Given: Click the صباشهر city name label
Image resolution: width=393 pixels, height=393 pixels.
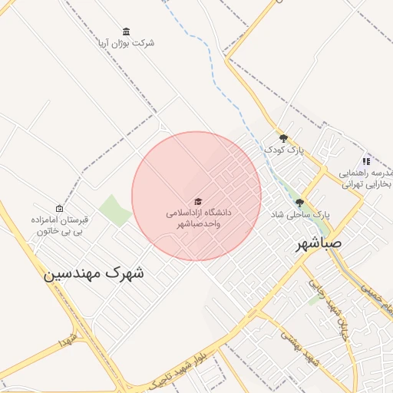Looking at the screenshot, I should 323,244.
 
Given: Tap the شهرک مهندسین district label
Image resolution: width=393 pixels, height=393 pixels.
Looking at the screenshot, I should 94,272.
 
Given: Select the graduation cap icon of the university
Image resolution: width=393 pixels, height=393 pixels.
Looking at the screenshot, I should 198,201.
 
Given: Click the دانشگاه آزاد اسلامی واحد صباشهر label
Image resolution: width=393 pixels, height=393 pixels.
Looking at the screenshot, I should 199,217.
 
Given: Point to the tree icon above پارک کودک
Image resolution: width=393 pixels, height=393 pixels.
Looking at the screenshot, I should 283,138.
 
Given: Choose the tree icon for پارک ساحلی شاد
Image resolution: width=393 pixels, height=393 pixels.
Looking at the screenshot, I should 299,203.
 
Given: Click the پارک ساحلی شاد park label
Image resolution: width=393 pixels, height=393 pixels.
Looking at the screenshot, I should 299,216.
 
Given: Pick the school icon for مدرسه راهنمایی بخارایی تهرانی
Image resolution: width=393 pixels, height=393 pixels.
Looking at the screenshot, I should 366,161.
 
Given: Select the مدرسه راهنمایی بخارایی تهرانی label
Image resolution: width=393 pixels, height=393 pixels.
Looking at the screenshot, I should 366,179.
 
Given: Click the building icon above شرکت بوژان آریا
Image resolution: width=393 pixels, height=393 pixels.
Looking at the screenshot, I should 126,31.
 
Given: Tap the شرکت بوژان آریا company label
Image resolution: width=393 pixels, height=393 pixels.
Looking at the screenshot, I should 126,43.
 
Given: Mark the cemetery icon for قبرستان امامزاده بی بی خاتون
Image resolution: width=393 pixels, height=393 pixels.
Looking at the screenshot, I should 60,208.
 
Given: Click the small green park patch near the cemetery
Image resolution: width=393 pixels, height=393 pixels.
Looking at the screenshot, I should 115,210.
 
